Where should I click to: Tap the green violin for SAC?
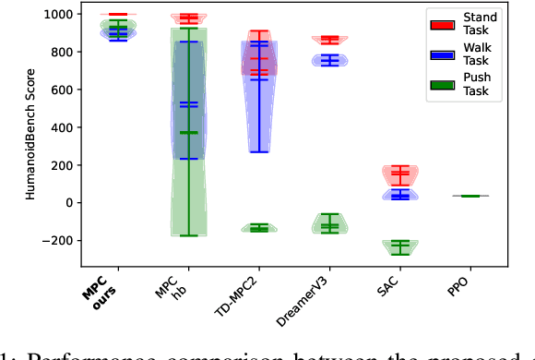(399, 246)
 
